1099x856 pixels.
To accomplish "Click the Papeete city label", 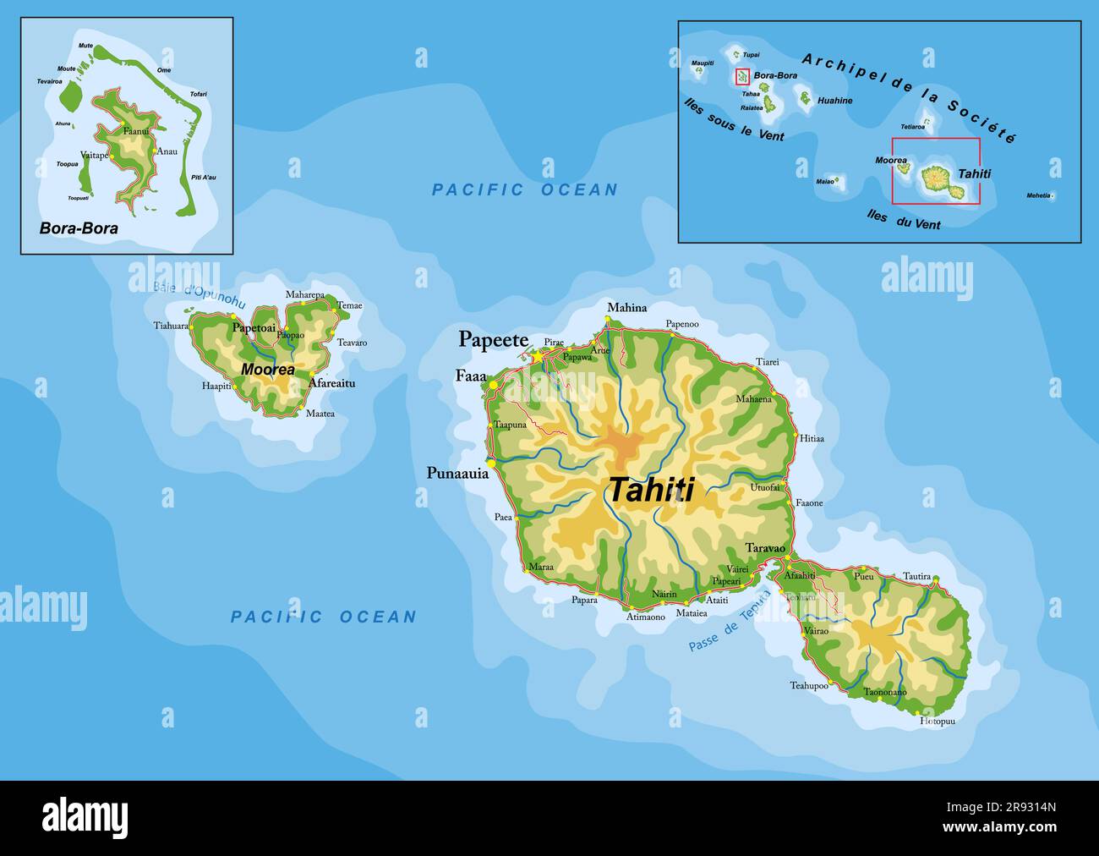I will [493, 339].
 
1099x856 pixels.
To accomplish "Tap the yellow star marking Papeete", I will [537, 357].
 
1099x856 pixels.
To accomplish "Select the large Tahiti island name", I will [651, 490].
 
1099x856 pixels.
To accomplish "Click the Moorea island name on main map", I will [267, 370].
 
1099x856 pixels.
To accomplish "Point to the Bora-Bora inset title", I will [79, 228].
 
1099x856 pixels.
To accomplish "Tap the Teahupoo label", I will [808, 685].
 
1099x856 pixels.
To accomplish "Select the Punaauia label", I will [457, 474].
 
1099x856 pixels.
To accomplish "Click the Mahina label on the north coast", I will [626, 308].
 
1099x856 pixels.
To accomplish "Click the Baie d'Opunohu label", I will [200, 295].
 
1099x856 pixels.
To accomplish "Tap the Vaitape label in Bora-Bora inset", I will [94, 155].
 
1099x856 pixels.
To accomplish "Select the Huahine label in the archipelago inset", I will [835, 101].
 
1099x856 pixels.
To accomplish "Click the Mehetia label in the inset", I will [1038, 195].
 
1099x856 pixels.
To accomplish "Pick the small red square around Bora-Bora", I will [742, 77].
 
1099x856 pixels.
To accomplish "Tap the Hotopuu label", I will [937, 722].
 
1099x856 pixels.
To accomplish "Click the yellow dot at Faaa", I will [494, 385].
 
